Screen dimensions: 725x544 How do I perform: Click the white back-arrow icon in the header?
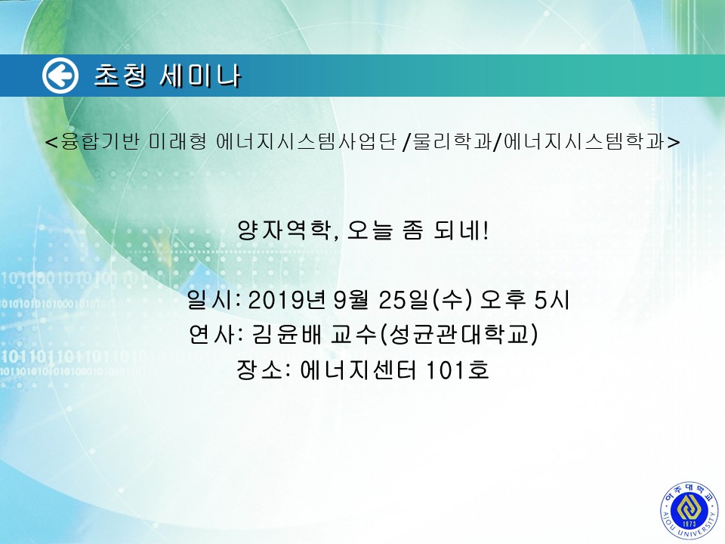[60, 76]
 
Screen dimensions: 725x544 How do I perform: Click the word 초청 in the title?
[121, 76]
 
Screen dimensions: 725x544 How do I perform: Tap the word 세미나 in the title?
[200, 76]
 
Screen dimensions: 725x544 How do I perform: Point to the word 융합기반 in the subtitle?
[100, 141]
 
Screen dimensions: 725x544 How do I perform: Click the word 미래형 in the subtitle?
[178, 141]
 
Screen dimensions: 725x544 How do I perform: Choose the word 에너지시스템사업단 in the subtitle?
[307, 141]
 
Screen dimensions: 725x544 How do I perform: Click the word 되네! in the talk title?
[461, 230]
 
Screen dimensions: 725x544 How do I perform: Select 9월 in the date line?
[351, 300]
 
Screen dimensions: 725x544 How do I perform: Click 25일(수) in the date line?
[425, 300]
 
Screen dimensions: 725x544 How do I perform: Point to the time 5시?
[551, 300]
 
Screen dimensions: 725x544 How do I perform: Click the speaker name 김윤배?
[287, 334]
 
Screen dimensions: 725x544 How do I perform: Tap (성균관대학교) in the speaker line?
[458, 334]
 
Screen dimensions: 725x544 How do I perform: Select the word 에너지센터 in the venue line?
[358, 369]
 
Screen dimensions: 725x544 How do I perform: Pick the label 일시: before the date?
[214, 300]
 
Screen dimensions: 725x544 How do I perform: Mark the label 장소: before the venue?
[264, 369]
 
